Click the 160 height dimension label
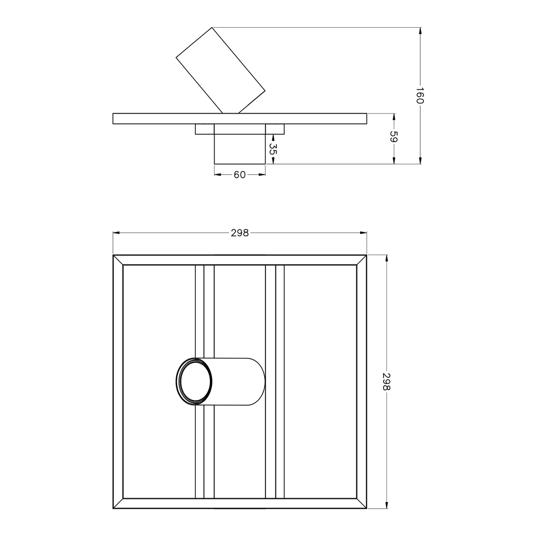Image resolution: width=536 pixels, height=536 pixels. point(420,96)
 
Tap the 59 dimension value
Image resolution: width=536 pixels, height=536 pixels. point(394,137)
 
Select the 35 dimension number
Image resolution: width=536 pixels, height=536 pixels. point(272,149)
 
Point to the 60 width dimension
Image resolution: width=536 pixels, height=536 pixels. point(240,175)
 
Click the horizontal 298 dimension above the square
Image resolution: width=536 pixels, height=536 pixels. point(240,233)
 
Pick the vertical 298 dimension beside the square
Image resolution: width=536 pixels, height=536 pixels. point(387,382)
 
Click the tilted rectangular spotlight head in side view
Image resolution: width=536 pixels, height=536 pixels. point(220,71)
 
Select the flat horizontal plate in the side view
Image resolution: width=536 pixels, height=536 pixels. point(240,119)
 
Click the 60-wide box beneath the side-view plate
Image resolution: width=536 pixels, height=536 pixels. point(240,144)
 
